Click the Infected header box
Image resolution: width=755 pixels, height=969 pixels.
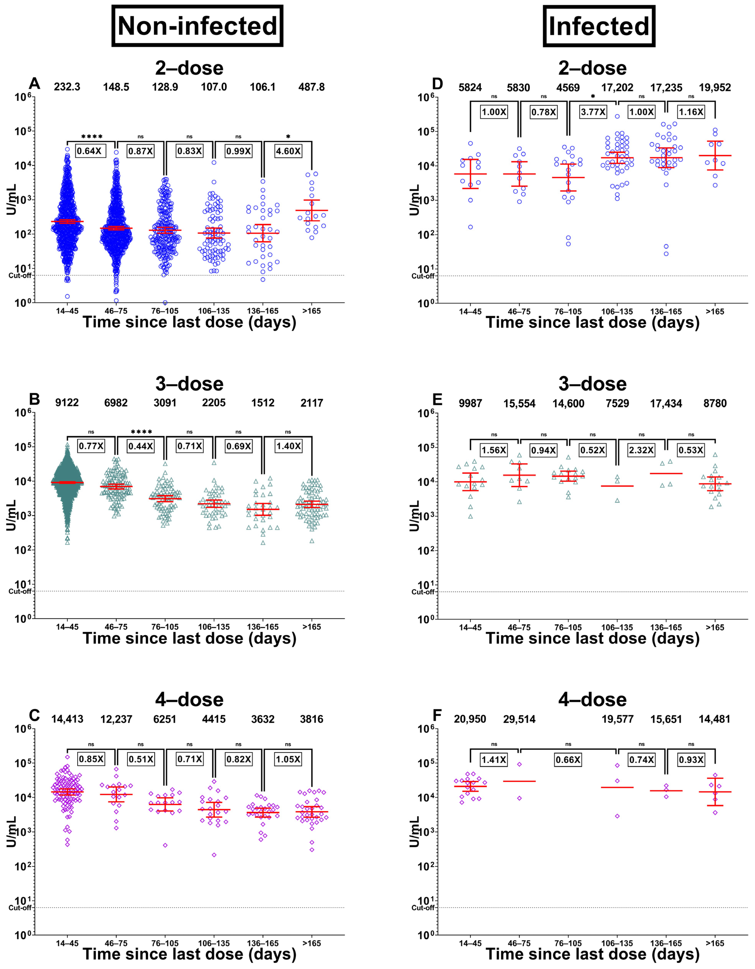[x=599, y=26]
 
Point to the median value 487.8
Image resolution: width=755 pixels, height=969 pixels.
[x=311, y=87]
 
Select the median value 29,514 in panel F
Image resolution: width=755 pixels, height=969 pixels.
[x=519, y=719]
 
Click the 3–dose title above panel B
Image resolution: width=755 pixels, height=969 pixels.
[x=189, y=384]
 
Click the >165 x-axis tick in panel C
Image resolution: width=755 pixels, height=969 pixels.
[x=311, y=943]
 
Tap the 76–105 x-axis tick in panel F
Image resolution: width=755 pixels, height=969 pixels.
[x=568, y=943]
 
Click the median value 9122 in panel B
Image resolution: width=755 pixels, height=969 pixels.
[x=67, y=403]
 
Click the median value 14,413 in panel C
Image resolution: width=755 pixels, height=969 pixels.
[x=67, y=719]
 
